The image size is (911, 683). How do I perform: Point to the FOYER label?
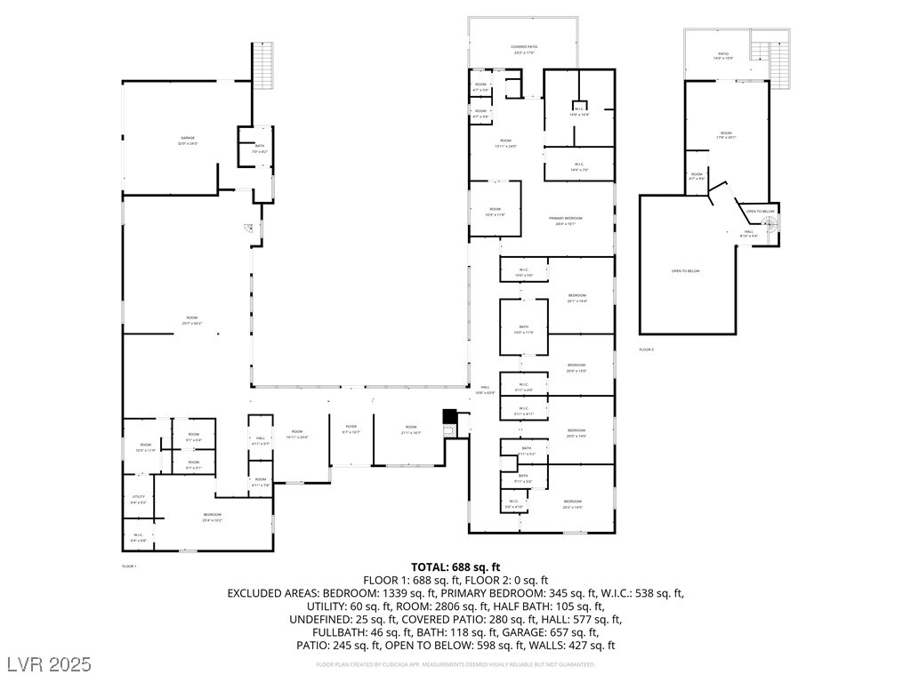(351, 429)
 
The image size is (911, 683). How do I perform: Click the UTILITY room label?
(139, 499)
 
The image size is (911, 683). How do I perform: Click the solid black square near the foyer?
(450, 416)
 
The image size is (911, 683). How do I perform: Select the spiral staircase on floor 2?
(770, 228)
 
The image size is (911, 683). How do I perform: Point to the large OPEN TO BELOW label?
(686, 270)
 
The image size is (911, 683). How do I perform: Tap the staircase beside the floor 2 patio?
(779, 62)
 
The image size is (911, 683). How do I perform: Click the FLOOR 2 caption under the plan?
(647, 350)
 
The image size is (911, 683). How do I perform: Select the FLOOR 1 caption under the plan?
(130, 566)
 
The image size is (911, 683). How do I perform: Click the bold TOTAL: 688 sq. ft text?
(455, 566)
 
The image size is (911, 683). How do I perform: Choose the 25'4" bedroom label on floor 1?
(212, 517)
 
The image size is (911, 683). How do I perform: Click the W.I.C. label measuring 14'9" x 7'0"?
(578, 166)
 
